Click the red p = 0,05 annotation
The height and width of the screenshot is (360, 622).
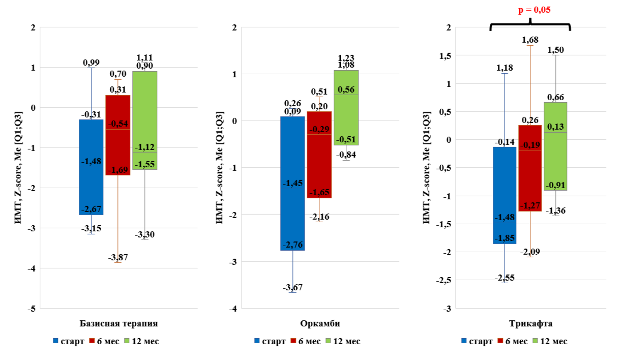[x=530, y=10]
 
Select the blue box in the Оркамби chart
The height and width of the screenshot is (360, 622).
[x=292, y=183]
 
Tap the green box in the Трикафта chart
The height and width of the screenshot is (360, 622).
[x=556, y=146]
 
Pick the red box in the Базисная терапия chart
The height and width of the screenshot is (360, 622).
[x=118, y=135]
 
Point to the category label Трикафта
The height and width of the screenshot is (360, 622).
[x=530, y=324]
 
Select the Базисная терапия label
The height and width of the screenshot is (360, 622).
[x=119, y=324]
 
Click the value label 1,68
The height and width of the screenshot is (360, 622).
[x=530, y=40]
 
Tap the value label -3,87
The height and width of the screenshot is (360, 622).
[x=118, y=257]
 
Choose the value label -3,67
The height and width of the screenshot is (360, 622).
[x=292, y=288]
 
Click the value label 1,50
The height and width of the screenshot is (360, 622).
[x=556, y=50]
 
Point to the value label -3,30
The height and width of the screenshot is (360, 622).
[x=144, y=234]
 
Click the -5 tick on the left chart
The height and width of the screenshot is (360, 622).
[x=32, y=308]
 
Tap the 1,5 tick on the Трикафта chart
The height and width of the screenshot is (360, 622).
[x=444, y=55]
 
